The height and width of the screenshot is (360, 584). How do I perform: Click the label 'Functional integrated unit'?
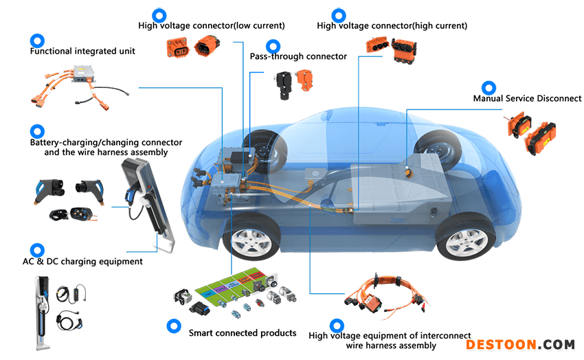pos(82,51)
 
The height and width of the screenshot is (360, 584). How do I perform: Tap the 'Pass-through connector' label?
pos(298,56)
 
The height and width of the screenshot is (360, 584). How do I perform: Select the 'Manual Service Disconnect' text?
pos(527,98)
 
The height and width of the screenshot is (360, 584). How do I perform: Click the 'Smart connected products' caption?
pos(243,333)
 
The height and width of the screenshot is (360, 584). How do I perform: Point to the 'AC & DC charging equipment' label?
pos(82,261)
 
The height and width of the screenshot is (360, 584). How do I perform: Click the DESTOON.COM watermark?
pos(520,345)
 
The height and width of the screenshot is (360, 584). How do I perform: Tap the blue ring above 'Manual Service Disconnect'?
pos(488,88)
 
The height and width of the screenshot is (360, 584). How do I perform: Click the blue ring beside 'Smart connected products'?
pos(174,326)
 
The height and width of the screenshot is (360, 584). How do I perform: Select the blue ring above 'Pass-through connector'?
pos(273,47)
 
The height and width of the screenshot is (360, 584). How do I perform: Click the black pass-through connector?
pos(284,85)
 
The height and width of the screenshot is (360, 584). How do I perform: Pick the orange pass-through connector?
pos(305,79)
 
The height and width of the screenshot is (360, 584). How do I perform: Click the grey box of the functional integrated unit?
pos(85,74)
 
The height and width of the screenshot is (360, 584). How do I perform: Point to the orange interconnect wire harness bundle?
pos(388,296)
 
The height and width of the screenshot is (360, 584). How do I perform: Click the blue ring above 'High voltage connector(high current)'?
pos(339,16)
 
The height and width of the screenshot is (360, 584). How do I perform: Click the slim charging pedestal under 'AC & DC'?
pos(42,313)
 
